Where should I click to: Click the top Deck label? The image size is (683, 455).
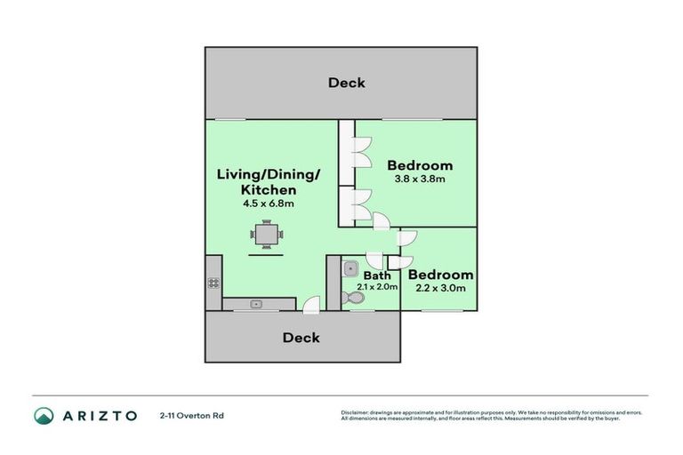346,83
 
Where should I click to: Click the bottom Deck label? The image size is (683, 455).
301,338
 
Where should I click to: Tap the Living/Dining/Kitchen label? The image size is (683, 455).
268,181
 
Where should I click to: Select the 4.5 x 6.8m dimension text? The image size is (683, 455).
268,204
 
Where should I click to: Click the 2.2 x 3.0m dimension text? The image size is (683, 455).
439,289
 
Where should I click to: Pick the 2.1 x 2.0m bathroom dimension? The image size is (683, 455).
376,288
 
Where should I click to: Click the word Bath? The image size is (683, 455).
376,275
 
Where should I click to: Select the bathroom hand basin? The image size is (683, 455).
350,267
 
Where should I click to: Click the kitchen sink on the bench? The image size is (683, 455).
256,304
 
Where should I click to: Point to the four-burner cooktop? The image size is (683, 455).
213,283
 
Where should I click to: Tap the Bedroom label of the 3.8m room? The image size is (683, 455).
419,165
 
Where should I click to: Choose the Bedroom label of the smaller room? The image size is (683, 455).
439,275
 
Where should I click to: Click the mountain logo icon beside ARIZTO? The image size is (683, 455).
44,415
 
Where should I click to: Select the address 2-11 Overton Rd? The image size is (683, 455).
192,415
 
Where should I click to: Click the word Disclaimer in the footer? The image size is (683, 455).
356,412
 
